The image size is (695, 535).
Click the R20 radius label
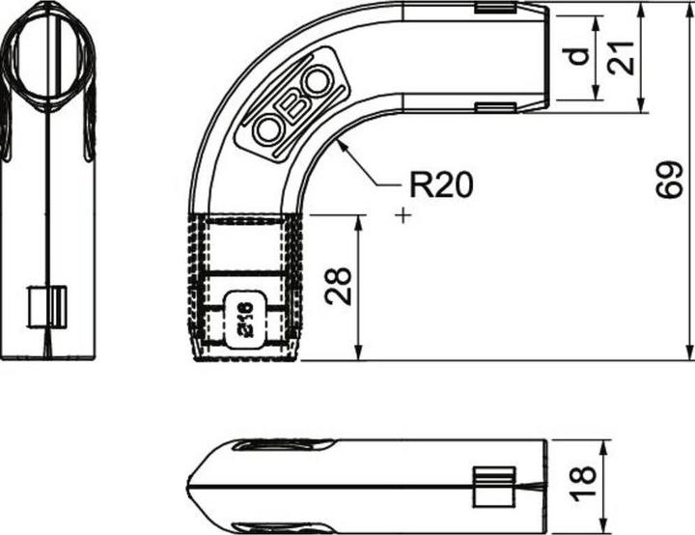pos(441,184)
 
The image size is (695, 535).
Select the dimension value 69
pos(669,180)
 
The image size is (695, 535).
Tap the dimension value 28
pos(338,286)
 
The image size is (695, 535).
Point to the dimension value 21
pos(621,57)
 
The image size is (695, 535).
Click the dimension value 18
pos(583,484)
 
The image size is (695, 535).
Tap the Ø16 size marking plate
pos(245,320)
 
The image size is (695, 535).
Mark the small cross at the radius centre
pos(403,215)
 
